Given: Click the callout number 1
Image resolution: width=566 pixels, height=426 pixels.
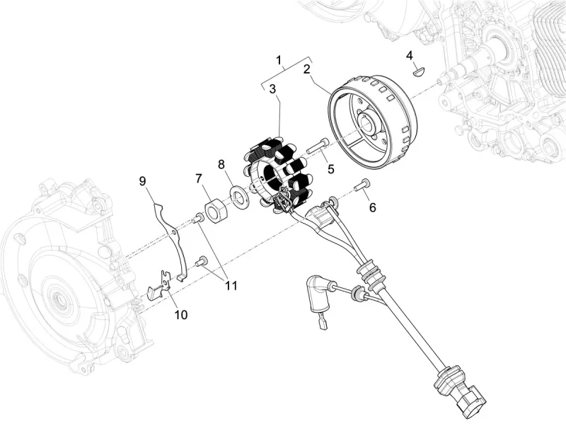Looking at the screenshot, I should (x=279, y=59).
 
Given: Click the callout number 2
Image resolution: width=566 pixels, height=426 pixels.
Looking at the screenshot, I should (x=306, y=69).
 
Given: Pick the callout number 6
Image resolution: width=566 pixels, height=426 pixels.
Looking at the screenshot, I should (x=372, y=207).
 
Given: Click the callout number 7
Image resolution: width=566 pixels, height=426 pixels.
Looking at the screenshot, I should (x=199, y=178).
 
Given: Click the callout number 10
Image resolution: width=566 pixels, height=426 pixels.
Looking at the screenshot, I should (x=180, y=314).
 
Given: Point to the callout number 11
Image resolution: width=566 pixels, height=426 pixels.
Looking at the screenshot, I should (x=231, y=286).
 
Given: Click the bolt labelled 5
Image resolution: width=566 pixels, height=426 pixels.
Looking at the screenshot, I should (x=316, y=146).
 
